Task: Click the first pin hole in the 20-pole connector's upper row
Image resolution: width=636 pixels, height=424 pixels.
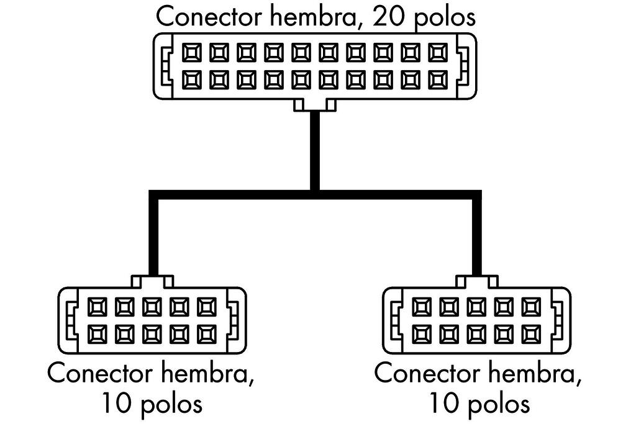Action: pyautogui.click(x=191, y=52)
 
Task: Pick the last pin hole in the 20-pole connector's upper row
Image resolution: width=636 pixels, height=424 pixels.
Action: pyautogui.click(x=437, y=52)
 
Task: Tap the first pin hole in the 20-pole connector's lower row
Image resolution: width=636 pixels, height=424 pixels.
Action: pyautogui.click(x=191, y=79)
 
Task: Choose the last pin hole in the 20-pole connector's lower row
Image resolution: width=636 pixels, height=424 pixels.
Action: pyautogui.click(x=437, y=79)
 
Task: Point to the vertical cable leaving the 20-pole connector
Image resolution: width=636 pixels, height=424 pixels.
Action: pyautogui.click(x=315, y=149)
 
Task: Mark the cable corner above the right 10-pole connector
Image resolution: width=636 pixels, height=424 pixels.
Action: pyautogui.click(x=476, y=195)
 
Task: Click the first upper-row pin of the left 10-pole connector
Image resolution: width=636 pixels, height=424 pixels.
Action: pyautogui.click(x=98, y=306)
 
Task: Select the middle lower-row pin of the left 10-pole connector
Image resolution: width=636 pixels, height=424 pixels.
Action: pyautogui.click(x=152, y=333)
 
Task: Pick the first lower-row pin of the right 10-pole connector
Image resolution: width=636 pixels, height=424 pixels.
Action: pyautogui.click(x=422, y=333)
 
